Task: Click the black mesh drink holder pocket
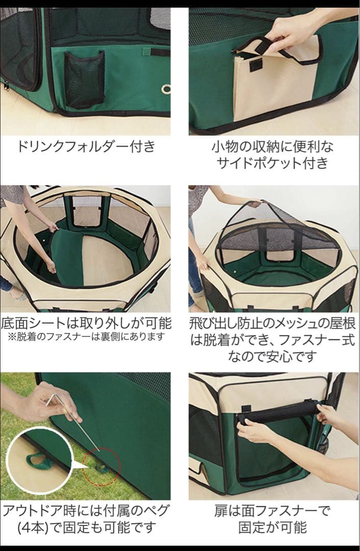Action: (84, 80)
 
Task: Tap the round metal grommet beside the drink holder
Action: (166, 89)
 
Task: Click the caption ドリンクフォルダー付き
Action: (86, 146)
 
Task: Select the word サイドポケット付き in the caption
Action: (272, 163)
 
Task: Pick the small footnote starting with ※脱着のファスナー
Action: (86, 337)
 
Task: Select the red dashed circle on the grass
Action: (102, 466)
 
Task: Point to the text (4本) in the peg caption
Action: (33, 528)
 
